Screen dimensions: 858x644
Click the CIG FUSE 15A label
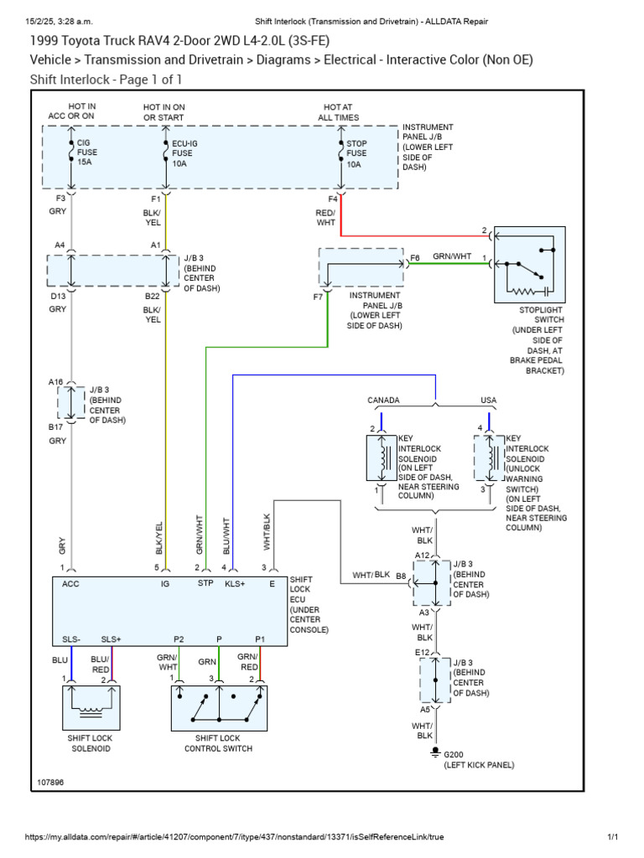pos(87,152)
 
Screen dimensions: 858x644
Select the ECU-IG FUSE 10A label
pos(182,152)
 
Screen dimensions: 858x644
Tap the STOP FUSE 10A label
pos(356,152)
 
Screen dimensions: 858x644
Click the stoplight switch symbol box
pos(529,264)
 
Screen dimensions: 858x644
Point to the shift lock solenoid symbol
pos(88,707)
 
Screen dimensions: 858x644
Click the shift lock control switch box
pos(219,707)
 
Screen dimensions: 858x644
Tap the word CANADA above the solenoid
pos(383,401)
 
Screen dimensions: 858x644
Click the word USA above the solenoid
pos(488,401)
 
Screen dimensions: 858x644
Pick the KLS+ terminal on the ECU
pos(234,583)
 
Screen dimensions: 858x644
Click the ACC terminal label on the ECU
pos(70,583)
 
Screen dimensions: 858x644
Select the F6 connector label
pos(414,258)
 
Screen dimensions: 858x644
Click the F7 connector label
pos(319,297)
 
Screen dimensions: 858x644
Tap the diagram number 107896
pos(50,783)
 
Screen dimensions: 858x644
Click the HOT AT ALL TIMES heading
pos(338,112)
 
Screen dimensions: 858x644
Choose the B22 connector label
pos(152,296)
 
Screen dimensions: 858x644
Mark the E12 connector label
pos(422,652)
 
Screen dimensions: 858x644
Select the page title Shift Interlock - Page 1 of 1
pos(106,80)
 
